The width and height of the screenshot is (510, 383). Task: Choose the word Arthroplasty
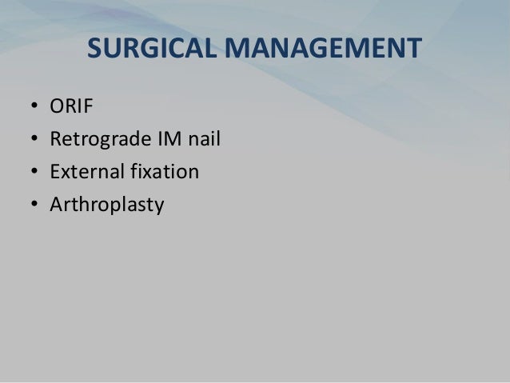point(106,205)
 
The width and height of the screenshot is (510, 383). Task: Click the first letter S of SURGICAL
point(94,50)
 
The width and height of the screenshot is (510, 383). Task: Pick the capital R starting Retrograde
point(55,140)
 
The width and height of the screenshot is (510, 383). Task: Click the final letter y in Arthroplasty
point(158,207)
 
